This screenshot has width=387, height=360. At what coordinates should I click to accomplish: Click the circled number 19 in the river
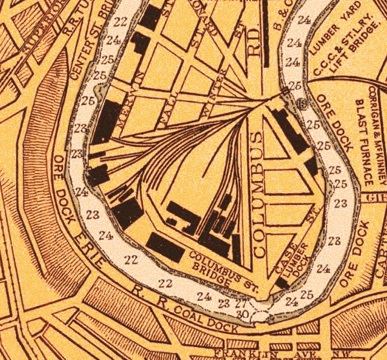(301, 102)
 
